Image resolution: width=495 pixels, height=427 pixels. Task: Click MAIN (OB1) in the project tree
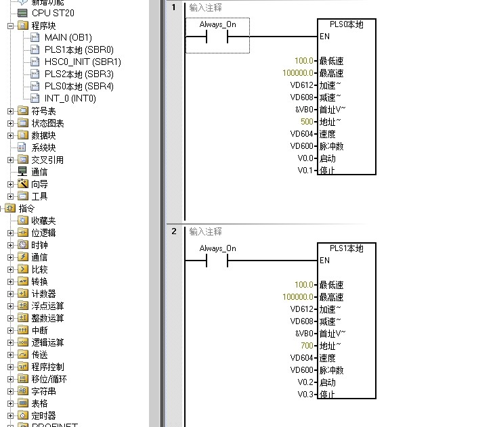(x=68, y=37)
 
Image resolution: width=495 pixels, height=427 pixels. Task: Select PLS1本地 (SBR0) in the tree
(x=79, y=49)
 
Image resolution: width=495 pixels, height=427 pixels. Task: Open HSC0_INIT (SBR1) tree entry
(x=83, y=62)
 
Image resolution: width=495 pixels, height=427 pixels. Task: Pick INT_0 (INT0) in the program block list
(x=70, y=98)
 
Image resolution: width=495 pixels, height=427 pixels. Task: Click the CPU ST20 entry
(x=53, y=13)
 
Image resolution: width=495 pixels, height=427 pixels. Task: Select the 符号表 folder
(x=43, y=111)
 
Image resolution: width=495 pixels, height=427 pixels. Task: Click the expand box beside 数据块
(x=10, y=135)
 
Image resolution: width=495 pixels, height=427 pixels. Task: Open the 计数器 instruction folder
(x=43, y=294)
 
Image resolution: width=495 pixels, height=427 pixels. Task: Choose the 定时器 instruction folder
(x=43, y=415)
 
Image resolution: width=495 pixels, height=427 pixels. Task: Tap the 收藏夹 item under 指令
(x=43, y=221)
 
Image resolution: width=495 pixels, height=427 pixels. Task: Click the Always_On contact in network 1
(x=217, y=37)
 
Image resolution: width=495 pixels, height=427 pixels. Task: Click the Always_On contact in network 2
(x=217, y=261)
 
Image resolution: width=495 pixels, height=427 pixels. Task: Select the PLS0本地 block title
(x=346, y=25)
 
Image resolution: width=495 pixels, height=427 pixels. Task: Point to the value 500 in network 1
(x=307, y=122)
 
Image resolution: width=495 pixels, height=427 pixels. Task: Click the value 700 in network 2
(x=307, y=346)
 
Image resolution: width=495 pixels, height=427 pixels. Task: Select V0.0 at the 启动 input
(x=307, y=158)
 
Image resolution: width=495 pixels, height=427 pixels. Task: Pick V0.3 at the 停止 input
(x=307, y=395)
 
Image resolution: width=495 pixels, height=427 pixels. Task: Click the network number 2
(x=174, y=231)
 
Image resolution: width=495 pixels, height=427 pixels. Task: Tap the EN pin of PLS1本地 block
(x=324, y=261)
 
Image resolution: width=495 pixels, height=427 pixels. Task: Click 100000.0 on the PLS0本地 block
(x=298, y=73)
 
